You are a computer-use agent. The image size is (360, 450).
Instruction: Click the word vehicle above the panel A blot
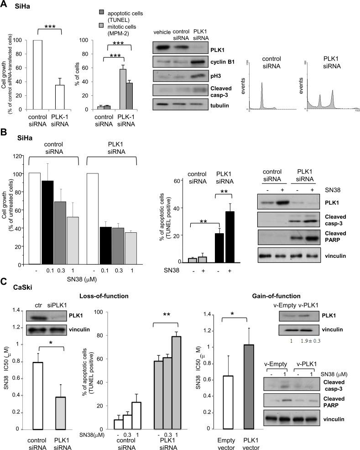coord(162,32)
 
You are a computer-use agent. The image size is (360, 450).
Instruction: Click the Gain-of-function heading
coord(274,296)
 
